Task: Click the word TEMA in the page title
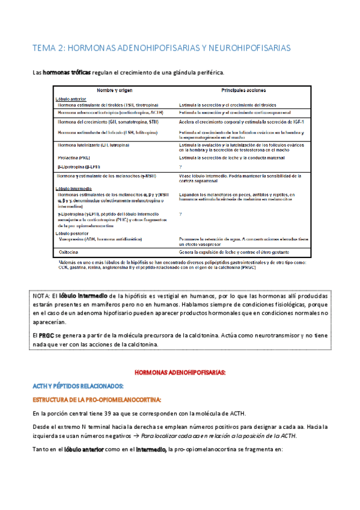44,47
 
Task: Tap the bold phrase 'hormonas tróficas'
67,73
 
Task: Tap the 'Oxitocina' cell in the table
70,253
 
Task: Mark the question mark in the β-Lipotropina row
180,165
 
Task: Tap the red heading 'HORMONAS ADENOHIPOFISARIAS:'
180,373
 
